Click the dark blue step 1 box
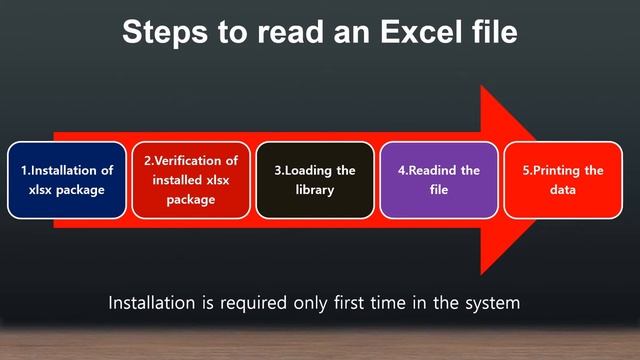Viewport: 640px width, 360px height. (x=68, y=180)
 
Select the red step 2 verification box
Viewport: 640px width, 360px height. (x=191, y=180)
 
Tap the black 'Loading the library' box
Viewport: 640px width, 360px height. (x=315, y=180)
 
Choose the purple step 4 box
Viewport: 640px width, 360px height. (x=439, y=180)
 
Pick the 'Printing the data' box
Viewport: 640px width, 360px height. (x=563, y=180)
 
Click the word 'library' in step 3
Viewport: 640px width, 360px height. (x=315, y=190)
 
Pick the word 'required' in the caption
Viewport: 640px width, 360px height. (x=264, y=302)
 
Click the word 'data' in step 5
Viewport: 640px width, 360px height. (x=563, y=190)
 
